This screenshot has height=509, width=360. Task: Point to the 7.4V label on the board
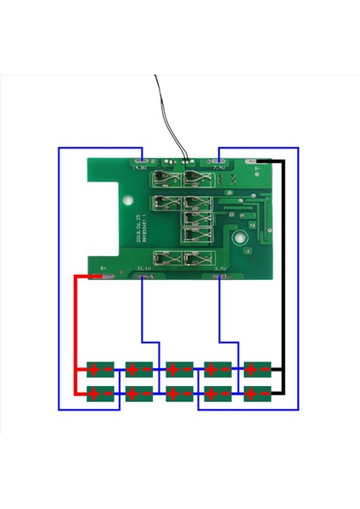(219, 168)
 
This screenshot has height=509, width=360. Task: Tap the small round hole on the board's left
(127, 204)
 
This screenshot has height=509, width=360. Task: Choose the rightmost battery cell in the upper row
(257, 368)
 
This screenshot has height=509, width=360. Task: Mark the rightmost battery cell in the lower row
(257, 393)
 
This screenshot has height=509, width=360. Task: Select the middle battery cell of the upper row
(179, 368)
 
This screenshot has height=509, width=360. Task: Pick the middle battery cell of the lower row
(179, 393)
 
